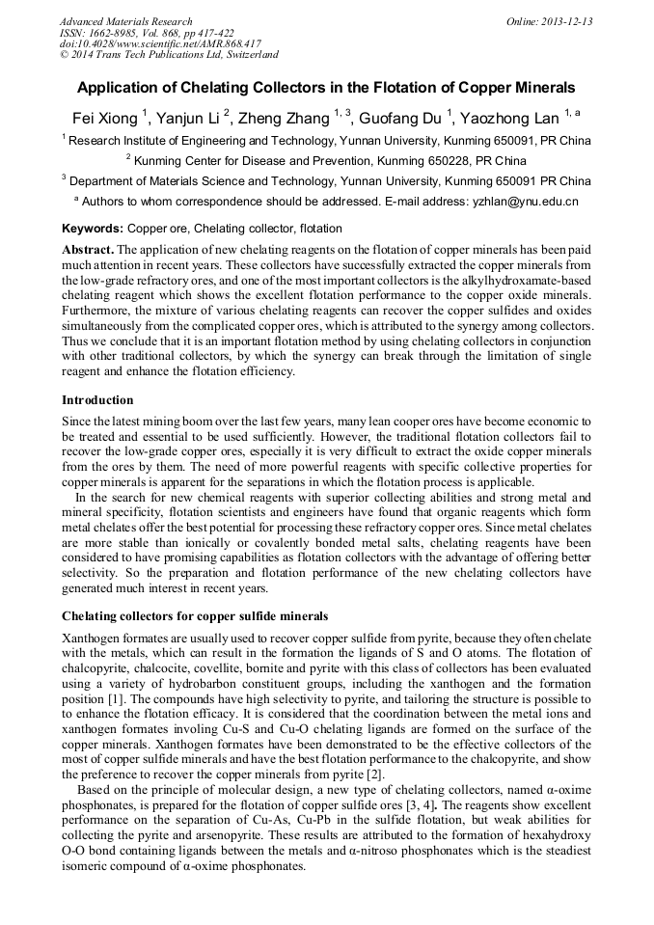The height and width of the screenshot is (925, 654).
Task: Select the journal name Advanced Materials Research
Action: point(125,21)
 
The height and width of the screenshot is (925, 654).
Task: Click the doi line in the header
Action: point(160,44)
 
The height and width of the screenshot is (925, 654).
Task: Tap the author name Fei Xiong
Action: point(105,119)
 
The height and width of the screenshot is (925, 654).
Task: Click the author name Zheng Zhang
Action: point(285,119)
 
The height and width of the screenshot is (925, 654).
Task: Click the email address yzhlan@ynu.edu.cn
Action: point(525,202)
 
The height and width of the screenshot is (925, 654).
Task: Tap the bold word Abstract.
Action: point(87,250)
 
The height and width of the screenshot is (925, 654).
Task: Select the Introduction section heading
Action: point(97,400)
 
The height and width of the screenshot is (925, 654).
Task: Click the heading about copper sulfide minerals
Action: point(195,615)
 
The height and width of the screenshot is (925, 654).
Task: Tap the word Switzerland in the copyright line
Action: point(246,56)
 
